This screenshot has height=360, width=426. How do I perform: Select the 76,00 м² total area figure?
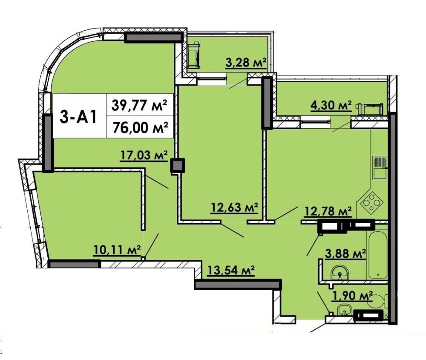[x=140, y=127]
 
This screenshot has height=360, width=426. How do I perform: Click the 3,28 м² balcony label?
[x=246, y=63]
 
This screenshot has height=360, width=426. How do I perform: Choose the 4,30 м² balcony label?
[x=331, y=105]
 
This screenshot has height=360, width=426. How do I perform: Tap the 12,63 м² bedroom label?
[x=234, y=208]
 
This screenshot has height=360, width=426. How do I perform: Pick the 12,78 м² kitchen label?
[x=328, y=210]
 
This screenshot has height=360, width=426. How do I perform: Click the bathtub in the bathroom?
[x=377, y=255]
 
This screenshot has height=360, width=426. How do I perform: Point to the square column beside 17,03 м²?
[x=178, y=165]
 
